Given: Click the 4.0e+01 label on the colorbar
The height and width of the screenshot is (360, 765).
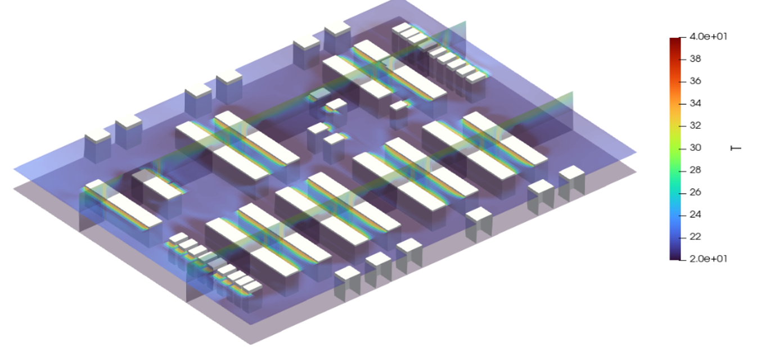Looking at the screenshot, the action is click(x=708, y=37).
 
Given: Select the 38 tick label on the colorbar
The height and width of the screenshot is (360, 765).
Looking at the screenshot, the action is click(x=695, y=58).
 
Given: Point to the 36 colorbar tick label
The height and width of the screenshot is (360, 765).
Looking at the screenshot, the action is click(x=695, y=81).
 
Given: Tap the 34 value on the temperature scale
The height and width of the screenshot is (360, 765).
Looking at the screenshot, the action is click(x=695, y=103).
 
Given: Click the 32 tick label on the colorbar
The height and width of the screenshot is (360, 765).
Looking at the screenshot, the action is click(x=695, y=125).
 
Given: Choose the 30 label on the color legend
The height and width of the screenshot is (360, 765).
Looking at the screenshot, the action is click(x=695, y=147).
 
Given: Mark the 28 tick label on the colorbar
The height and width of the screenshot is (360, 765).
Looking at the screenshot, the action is click(x=695, y=170).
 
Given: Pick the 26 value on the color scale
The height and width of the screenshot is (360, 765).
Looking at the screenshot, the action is click(x=695, y=192).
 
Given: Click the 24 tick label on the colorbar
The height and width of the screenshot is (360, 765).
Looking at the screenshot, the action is click(x=695, y=214).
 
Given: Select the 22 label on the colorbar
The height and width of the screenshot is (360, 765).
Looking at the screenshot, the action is click(x=695, y=236).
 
